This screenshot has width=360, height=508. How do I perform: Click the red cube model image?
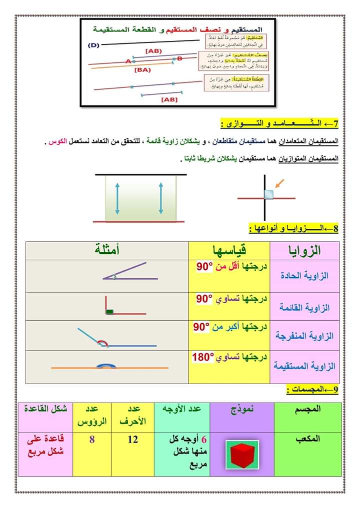tap(242, 454)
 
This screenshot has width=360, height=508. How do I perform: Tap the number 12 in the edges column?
tap(133, 440)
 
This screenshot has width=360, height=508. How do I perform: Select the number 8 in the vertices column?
tap(92, 440)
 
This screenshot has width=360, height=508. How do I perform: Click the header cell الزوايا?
tap(305, 250)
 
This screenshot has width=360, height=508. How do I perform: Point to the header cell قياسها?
tap(228, 250)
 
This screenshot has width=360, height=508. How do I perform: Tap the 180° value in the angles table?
tap(203, 358)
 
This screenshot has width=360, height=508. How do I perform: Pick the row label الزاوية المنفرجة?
tap(305, 336)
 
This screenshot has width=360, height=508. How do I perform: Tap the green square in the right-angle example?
tap(109, 312)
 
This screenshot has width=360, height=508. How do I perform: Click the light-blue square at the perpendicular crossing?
tap(269, 194)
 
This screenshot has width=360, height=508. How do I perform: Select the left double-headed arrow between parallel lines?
tap(117, 198)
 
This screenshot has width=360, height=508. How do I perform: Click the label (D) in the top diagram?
tap(94, 45)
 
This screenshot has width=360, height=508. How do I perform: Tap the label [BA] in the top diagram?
tap(142, 70)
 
